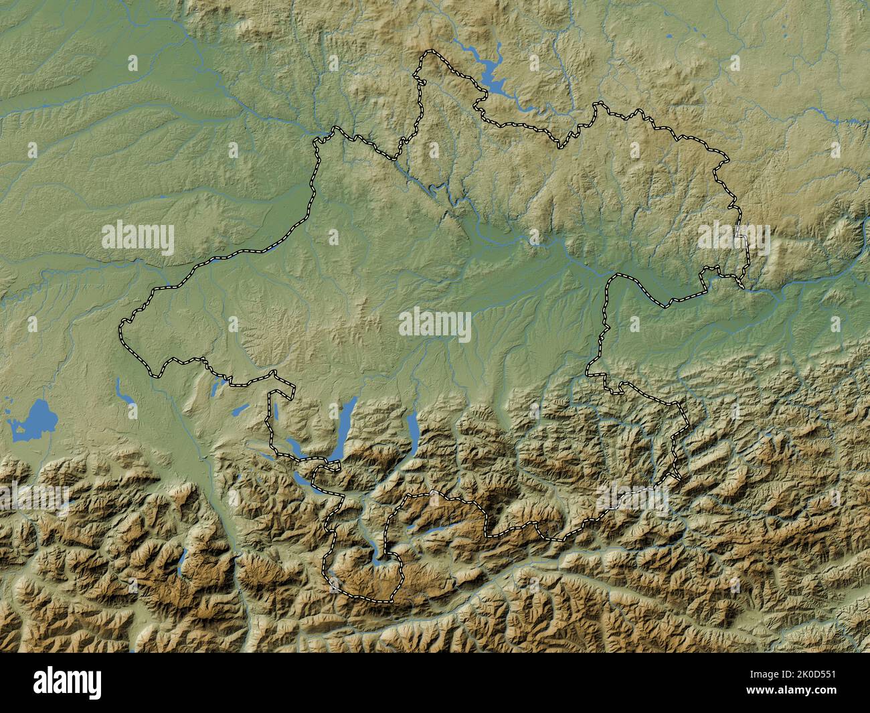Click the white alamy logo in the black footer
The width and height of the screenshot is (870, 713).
(x=68, y=683)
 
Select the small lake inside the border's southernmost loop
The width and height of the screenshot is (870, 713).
(x=379, y=551)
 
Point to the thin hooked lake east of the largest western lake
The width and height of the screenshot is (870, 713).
(x=123, y=395)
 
